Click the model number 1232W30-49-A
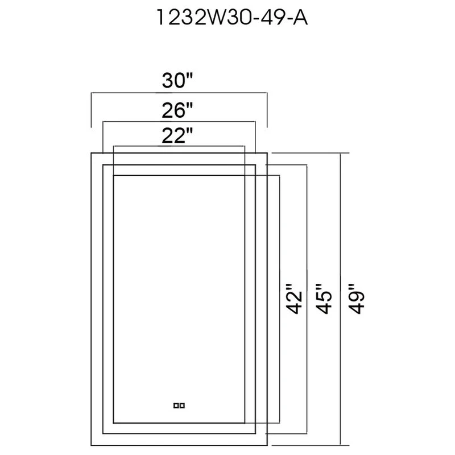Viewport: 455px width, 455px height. tap(227, 19)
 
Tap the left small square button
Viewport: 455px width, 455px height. tap(176, 406)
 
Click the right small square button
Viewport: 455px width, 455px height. tap(183, 406)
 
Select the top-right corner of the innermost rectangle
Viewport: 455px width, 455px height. tap(244, 176)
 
